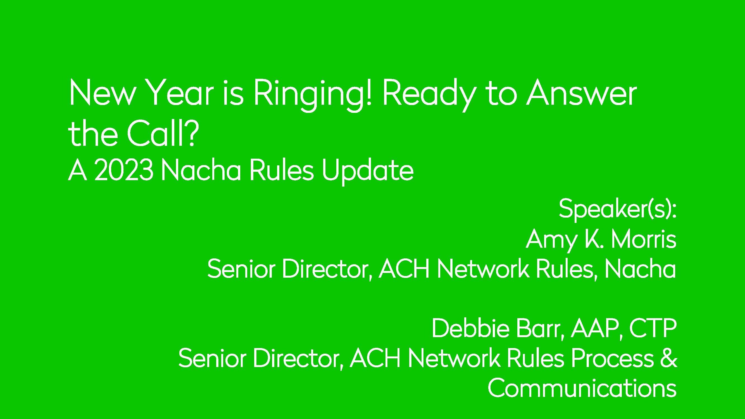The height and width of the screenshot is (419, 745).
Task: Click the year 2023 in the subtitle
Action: pos(124,171)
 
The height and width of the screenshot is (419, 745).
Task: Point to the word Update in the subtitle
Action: pos(368,171)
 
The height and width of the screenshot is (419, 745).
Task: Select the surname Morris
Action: pos(644,240)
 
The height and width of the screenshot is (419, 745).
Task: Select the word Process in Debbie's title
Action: pos(612,358)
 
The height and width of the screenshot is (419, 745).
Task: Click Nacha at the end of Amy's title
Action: pos(640,270)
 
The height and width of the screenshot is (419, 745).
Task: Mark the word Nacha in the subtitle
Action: pos(201,171)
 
